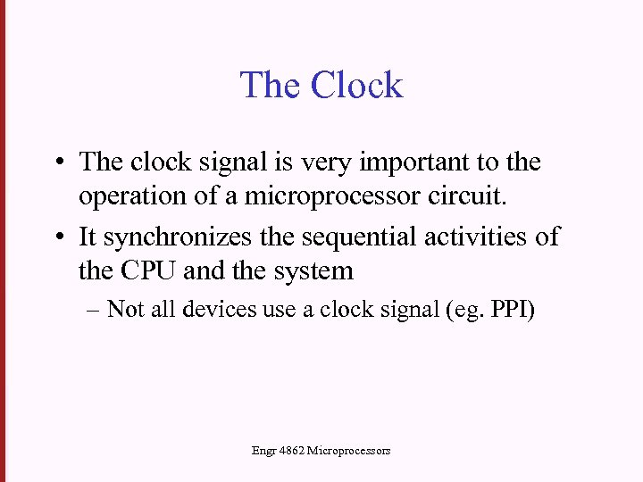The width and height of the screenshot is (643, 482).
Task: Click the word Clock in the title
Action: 357,86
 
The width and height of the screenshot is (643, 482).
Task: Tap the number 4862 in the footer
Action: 291,452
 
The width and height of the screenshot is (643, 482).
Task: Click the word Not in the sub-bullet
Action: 124,310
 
